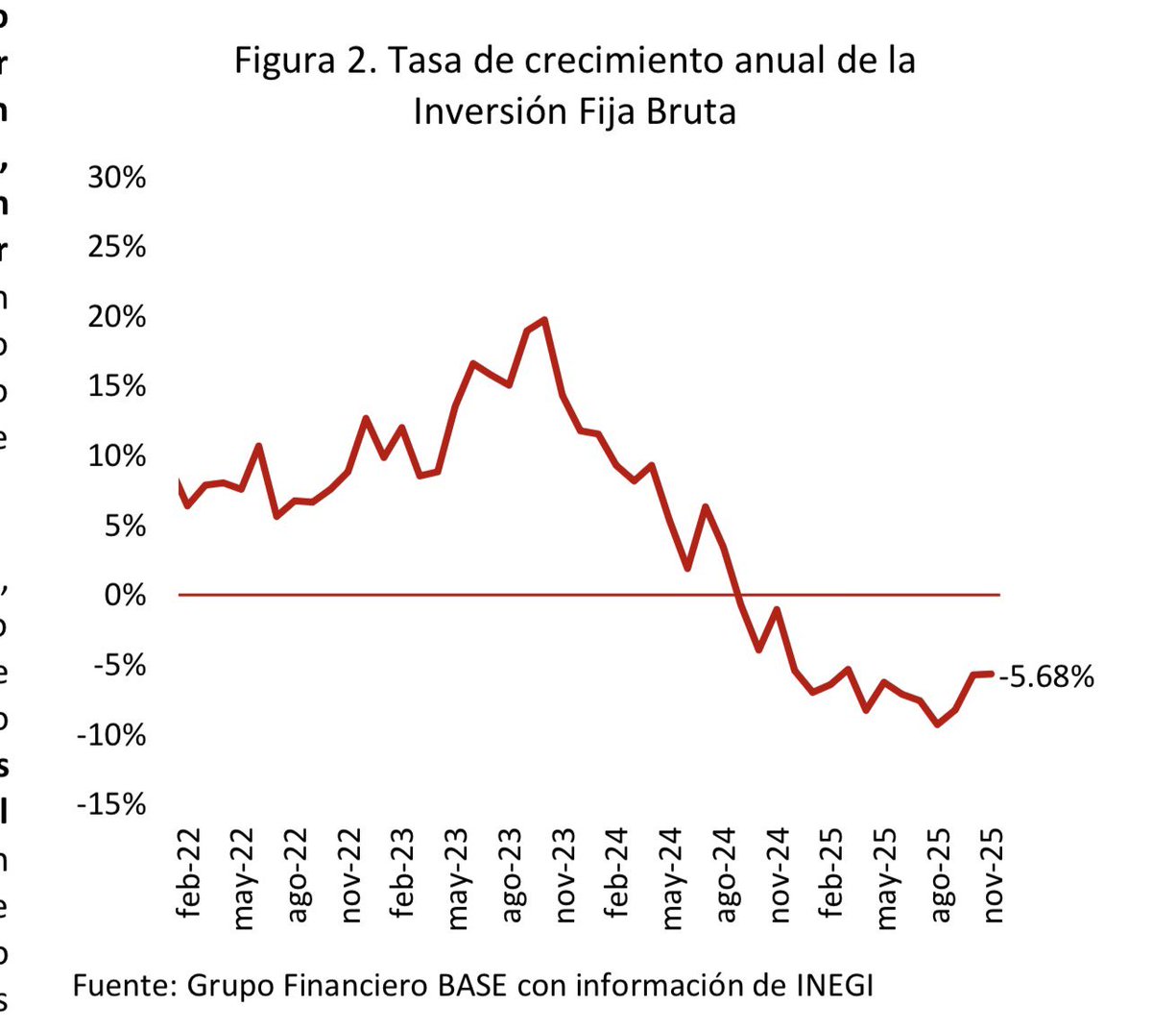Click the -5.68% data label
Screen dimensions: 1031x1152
tap(1046, 677)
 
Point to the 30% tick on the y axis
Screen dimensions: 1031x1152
tap(117, 178)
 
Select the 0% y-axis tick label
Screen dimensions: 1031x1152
tap(125, 596)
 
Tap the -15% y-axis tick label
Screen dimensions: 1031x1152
tap(111, 804)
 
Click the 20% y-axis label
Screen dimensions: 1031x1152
tap(117, 317)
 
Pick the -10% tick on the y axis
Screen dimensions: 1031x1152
tap(111, 735)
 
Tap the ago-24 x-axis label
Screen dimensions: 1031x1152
tap(726, 874)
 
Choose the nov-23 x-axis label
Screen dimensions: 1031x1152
tap(565, 874)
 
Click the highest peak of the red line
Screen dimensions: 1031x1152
tap(544, 320)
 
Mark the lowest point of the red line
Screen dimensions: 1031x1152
tap(937, 724)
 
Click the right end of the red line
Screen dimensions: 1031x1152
tap(991, 674)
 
